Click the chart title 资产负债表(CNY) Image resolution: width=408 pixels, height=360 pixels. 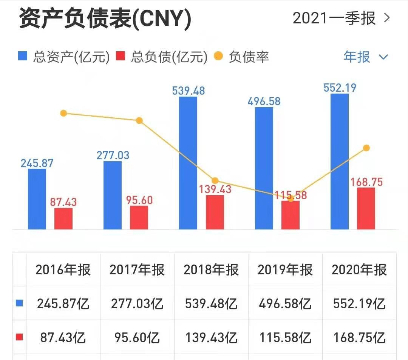105,19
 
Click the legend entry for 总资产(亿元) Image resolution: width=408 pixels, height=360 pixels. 64,57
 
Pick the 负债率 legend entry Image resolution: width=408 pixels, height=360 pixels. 242,57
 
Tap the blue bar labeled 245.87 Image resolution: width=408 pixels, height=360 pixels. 37,199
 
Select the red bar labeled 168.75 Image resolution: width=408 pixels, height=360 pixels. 366,208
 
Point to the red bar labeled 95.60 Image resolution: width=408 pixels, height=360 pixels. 139,217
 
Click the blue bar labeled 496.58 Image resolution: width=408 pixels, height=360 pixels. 264,168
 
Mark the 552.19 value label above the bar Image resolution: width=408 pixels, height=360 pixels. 340,88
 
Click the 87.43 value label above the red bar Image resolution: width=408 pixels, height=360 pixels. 63,202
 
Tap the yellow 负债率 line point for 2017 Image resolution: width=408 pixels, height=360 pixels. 139,120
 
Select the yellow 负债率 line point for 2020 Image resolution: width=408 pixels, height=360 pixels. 366,148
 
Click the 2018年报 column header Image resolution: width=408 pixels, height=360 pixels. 211,270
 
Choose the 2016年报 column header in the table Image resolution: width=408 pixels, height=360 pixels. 63,270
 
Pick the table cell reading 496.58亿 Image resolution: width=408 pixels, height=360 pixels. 285,303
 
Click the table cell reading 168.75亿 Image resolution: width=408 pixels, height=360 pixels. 359,337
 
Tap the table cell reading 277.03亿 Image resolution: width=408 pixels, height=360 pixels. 137,303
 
